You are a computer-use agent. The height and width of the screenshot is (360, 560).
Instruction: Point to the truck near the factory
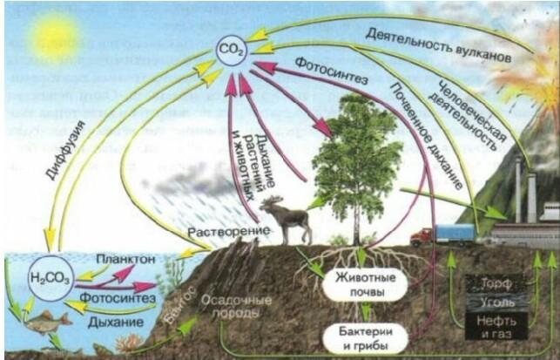[443, 234]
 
